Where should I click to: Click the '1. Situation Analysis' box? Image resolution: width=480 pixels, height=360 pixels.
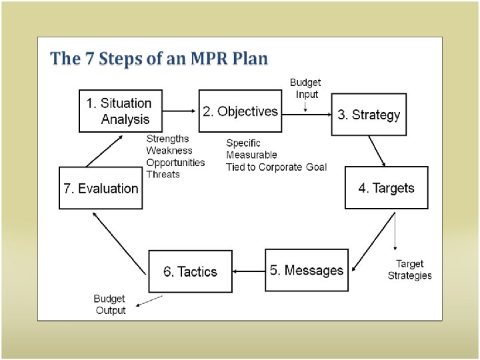pyautogui.click(x=121, y=111)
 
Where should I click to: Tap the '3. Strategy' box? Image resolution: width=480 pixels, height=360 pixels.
pyautogui.click(x=369, y=115)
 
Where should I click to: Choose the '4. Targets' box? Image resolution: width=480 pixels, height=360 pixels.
pyautogui.click(x=386, y=188)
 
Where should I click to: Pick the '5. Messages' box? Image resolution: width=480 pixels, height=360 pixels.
pyautogui.click(x=307, y=270)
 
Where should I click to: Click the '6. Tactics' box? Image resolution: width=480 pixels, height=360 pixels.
pyautogui.click(x=191, y=271)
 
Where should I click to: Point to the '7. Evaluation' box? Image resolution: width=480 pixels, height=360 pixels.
pyautogui.click(x=101, y=188)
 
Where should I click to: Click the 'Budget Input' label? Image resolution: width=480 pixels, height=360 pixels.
pyautogui.click(x=305, y=88)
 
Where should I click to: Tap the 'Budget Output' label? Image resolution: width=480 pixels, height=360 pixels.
pyautogui.click(x=110, y=305)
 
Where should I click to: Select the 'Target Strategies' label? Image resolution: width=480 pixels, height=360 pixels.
pyautogui.click(x=409, y=269)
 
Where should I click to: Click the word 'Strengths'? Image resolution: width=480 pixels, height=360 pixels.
pyautogui.click(x=167, y=139)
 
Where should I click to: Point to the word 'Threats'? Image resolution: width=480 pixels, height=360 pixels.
pyautogui.click(x=163, y=175)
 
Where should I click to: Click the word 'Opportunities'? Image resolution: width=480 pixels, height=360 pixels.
pyautogui.click(x=176, y=163)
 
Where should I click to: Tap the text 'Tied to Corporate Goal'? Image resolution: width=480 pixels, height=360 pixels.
pyautogui.click(x=276, y=167)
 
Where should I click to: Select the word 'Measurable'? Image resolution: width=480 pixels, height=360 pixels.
pyautogui.click(x=251, y=155)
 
